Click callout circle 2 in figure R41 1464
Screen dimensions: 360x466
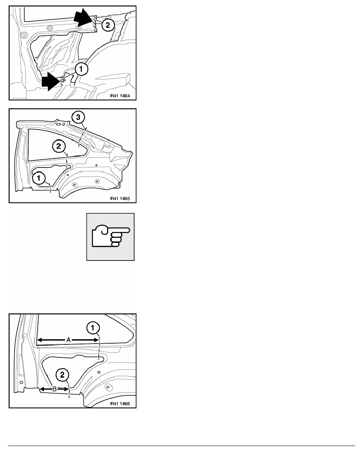click(x=107, y=25)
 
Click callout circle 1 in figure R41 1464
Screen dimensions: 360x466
click(x=82, y=69)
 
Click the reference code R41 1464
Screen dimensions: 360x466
click(x=120, y=96)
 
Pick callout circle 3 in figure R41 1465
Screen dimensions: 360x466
click(x=78, y=117)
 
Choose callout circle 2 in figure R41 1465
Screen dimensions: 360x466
click(x=58, y=146)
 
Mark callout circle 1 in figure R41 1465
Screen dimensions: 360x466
click(x=38, y=178)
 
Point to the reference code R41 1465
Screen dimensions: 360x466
click(x=120, y=198)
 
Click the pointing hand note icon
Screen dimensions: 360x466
click(x=111, y=237)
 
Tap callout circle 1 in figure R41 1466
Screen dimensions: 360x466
click(x=93, y=328)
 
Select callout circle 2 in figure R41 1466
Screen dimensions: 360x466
click(x=62, y=375)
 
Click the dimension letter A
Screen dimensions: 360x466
click(x=68, y=340)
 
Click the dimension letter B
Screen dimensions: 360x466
click(x=55, y=389)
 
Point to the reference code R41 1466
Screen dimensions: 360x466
click(x=120, y=404)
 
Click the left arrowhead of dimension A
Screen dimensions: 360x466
click(x=39, y=340)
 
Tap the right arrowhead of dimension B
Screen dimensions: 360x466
click(x=66, y=389)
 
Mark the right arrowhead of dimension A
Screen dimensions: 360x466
click(x=96, y=340)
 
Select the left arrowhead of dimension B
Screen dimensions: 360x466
click(x=42, y=389)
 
